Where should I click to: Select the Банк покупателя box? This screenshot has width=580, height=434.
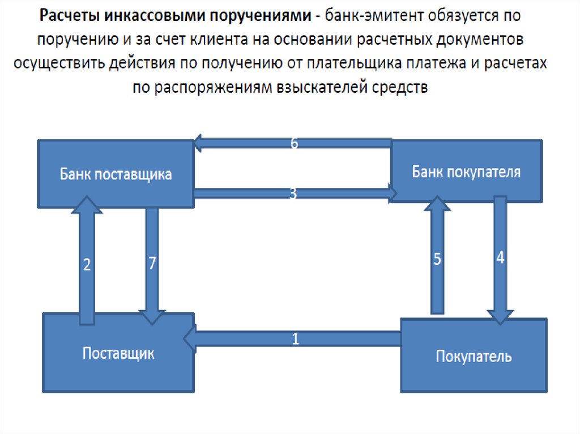click(466, 171)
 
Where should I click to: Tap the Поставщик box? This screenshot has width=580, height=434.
click(118, 353)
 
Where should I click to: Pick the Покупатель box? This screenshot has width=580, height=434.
click(474, 356)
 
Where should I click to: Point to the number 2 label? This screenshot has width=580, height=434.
click(87, 265)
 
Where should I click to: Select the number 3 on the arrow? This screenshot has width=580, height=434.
click(293, 194)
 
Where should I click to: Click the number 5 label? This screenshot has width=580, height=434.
click(437, 260)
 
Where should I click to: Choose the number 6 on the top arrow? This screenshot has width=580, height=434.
click(294, 143)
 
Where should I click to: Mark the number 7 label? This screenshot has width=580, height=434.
click(152, 264)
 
